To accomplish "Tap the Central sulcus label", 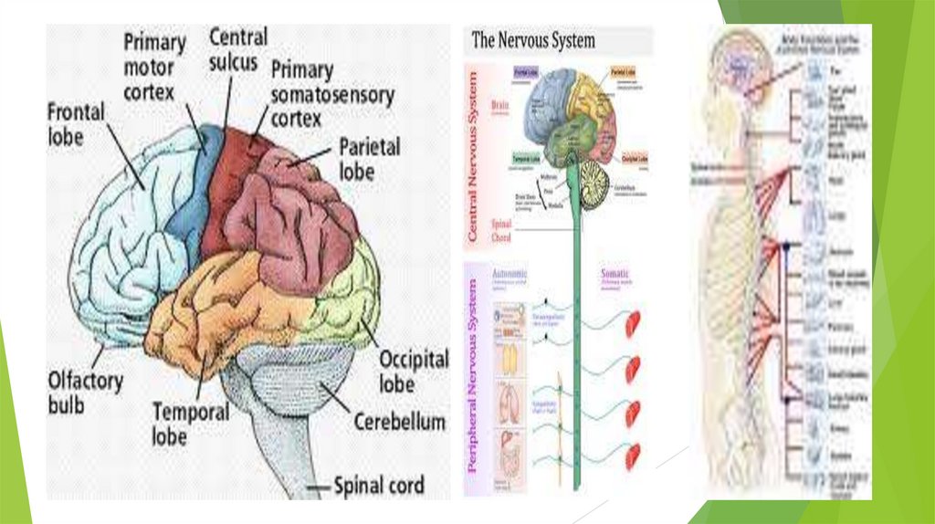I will [238, 49].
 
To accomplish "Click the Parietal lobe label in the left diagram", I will [369, 158].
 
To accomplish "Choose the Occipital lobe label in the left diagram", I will [413, 369].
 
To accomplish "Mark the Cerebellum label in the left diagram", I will [400, 422].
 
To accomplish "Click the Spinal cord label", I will [379, 485].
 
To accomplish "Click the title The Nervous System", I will [532, 40].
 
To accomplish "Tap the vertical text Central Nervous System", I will [473, 154].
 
